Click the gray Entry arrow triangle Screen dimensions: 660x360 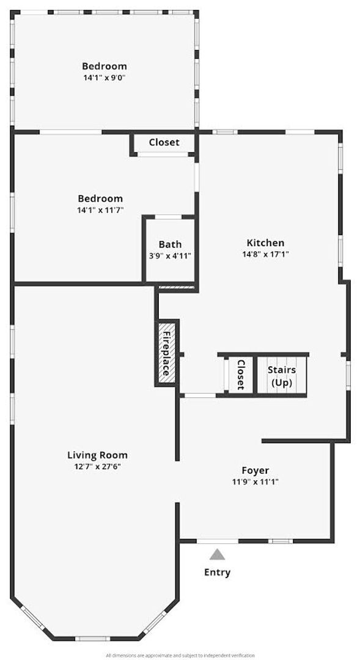(217, 554)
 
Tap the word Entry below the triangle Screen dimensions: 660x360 (217, 573)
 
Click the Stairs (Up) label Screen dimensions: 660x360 (282, 376)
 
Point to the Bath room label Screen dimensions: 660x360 (170, 244)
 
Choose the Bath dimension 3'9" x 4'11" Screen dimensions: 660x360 (170, 256)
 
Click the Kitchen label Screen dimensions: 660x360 (265, 243)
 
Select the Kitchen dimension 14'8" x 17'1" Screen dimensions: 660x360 (265, 254)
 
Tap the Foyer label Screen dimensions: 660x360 (255, 470)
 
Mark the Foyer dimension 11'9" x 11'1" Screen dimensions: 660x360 (255, 482)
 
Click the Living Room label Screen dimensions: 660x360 (97, 455)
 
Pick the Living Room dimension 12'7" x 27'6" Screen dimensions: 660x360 (97, 466)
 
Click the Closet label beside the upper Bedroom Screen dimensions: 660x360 (164, 142)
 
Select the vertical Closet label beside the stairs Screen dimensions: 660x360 (240, 375)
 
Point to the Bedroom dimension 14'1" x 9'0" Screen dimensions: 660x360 (105, 78)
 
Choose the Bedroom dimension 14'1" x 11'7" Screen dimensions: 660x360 (100, 210)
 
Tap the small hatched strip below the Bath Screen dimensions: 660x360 (176, 287)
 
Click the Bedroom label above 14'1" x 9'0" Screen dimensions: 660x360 (105, 66)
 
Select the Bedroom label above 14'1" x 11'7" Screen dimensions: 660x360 (100, 199)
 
